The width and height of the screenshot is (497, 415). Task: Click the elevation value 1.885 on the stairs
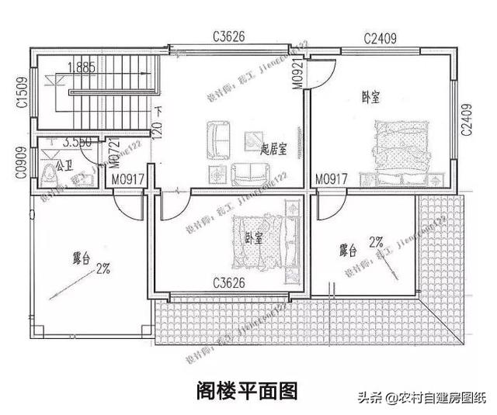pos(81,67)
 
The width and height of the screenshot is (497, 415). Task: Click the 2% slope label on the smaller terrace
pos(377,242)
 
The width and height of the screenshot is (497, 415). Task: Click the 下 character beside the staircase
pos(159,111)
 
